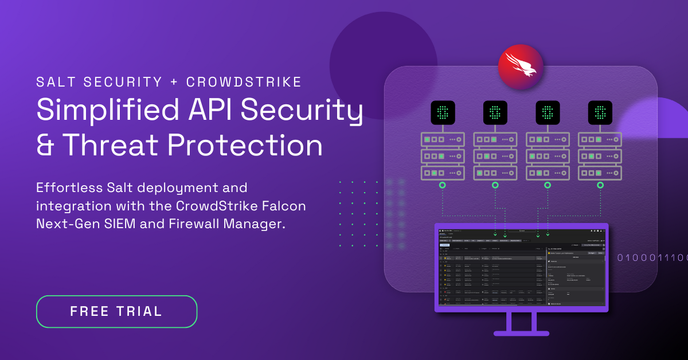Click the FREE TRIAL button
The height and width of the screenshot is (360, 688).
116,311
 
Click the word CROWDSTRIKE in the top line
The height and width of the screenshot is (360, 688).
244,82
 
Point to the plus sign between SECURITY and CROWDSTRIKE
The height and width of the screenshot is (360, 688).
174,82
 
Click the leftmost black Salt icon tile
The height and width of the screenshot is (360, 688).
443,113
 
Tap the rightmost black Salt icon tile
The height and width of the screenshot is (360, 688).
600,113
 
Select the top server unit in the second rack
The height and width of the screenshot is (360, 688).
495,139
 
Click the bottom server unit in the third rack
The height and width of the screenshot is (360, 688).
548,173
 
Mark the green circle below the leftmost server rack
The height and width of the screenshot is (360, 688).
443,185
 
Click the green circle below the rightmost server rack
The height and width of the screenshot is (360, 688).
600,185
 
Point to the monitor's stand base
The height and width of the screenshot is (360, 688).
521,332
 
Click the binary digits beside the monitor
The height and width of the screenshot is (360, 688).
652,258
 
